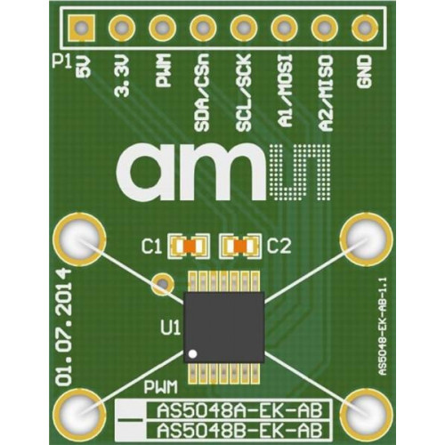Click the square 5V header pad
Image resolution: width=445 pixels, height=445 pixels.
coord(82,28)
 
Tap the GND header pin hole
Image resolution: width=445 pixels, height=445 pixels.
coord(365,28)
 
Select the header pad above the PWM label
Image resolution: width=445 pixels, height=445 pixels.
coord(162,28)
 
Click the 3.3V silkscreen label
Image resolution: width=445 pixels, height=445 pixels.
coord(122,76)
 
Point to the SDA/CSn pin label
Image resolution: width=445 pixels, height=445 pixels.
coord(202,93)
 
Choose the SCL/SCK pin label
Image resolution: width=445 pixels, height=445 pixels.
coord(244,93)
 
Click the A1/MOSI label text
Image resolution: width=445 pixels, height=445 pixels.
coord(284,91)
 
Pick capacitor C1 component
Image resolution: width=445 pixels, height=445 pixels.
coord(189,246)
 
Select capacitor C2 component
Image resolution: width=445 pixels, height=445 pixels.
coord(240,246)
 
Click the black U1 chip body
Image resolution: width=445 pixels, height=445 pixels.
coord(224,327)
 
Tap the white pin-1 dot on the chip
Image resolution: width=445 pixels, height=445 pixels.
coord(193,353)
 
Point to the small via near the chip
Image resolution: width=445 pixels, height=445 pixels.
coord(162,284)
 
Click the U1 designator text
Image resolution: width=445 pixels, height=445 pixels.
coord(171,328)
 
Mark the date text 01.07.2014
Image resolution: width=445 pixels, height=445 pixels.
coord(65,328)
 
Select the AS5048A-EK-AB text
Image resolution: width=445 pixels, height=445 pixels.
coord(239,411)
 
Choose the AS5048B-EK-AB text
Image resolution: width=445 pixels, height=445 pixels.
coord(239,430)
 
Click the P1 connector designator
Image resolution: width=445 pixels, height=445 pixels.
coord(62,61)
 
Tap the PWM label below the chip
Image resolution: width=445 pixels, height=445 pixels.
coord(161,387)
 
